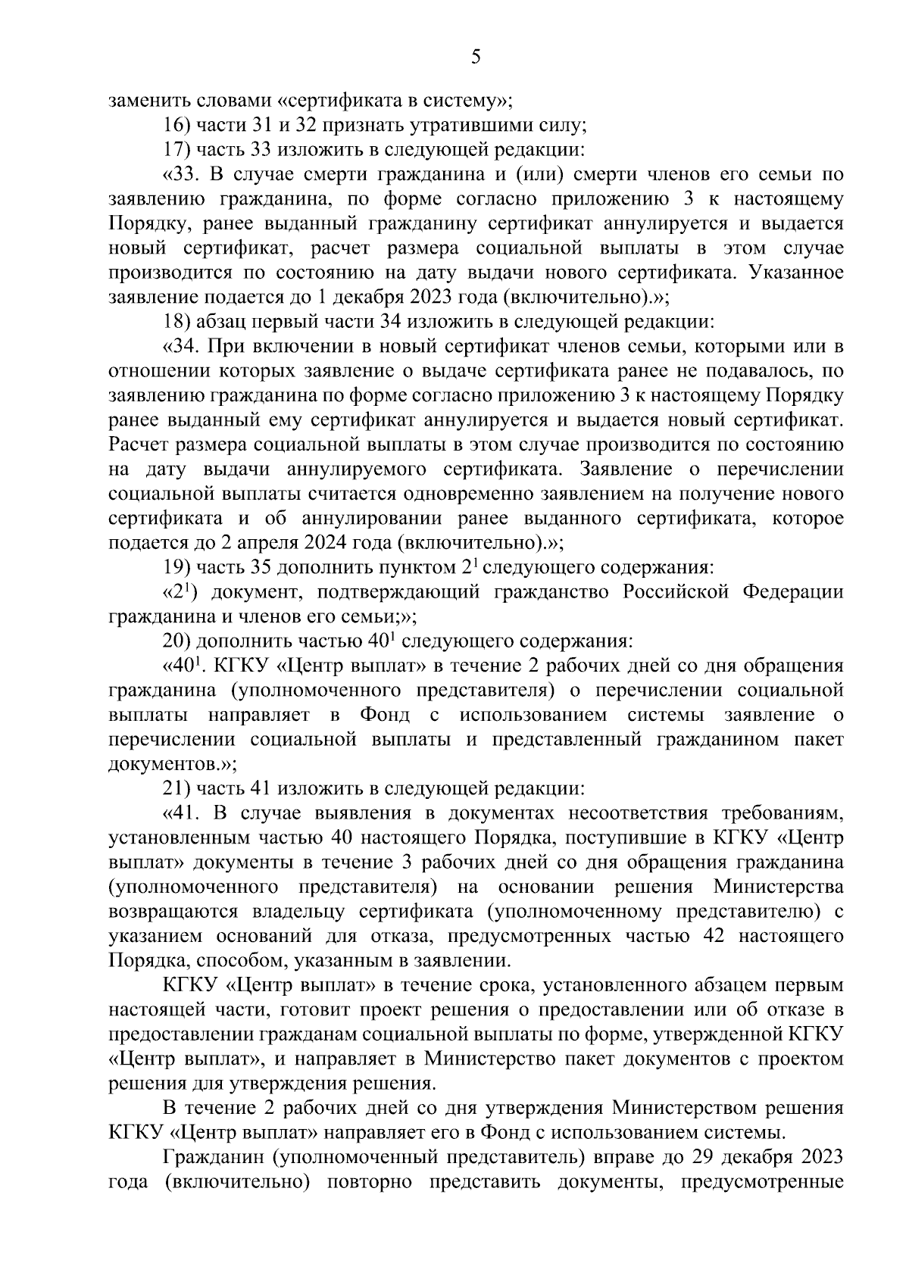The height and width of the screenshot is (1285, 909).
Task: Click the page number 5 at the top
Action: click(476, 58)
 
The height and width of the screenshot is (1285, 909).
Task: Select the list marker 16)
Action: click(178, 124)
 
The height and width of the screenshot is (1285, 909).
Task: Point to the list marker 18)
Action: click(178, 322)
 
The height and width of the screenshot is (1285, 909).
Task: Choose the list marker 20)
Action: click(178, 641)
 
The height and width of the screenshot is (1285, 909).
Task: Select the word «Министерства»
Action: click(779, 887)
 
